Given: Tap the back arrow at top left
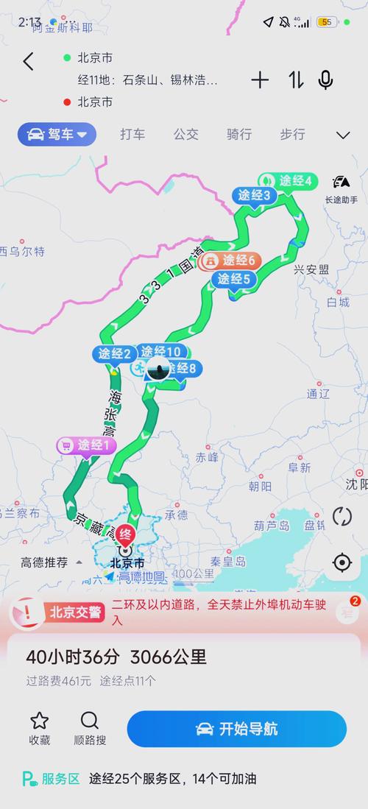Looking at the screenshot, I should pyautogui.click(x=28, y=62).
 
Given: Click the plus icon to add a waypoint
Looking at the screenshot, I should pyautogui.click(x=260, y=80).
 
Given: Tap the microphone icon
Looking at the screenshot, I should pyautogui.click(x=325, y=80).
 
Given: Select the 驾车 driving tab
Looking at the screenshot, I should pyautogui.click(x=57, y=135).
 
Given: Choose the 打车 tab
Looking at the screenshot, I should pyautogui.click(x=132, y=135).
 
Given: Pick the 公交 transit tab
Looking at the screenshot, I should pyautogui.click(x=185, y=135).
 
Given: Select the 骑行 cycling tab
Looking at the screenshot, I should pyautogui.click(x=239, y=135).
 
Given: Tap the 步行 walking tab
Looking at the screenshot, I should pyautogui.click(x=292, y=135).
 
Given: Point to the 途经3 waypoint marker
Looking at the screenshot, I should pyautogui.click(x=254, y=196).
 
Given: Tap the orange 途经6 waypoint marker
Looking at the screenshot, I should pyautogui.click(x=230, y=260).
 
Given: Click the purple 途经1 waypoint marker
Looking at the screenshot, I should pyautogui.click(x=88, y=445).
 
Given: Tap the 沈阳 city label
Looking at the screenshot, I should pyautogui.click(x=356, y=484).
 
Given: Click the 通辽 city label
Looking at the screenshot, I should pyautogui.click(x=318, y=394).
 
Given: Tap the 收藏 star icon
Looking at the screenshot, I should pyautogui.click(x=40, y=721).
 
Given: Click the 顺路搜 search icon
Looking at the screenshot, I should pyautogui.click(x=90, y=721).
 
